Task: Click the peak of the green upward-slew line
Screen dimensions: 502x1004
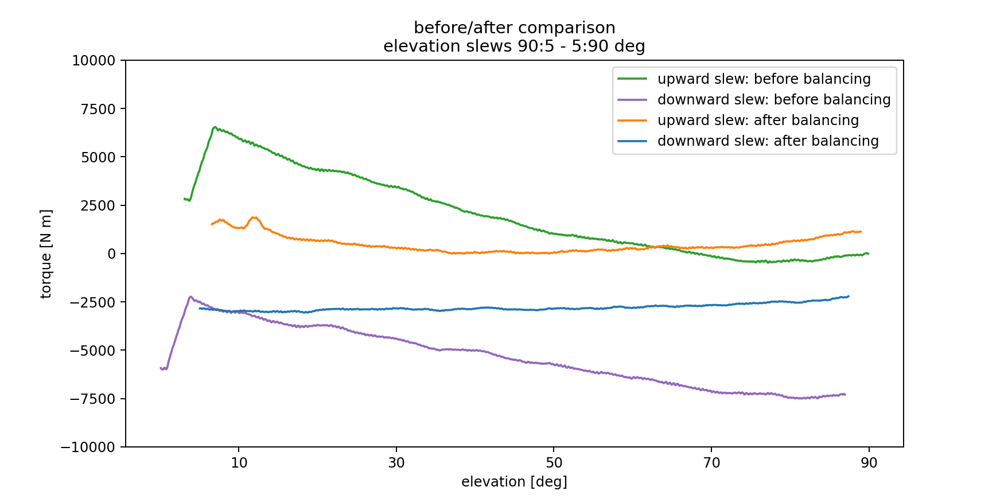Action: click(215, 127)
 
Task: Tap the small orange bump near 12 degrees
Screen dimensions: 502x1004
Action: click(254, 217)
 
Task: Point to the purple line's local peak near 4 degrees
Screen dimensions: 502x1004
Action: click(190, 297)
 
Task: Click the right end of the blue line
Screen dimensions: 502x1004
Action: click(848, 296)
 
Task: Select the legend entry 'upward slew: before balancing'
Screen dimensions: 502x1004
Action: click(764, 79)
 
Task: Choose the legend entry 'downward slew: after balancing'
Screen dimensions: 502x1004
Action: click(768, 141)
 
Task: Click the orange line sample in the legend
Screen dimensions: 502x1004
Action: click(632, 120)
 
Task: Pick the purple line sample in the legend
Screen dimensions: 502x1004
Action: click(632, 100)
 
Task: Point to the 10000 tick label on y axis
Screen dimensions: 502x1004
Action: click(94, 61)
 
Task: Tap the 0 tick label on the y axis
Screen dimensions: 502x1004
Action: click(111, 254)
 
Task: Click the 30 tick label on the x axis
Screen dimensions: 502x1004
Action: click(396, 463)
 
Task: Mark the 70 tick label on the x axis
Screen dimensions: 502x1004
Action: click(711, 463)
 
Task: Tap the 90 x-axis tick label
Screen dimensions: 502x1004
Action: click(869, 463)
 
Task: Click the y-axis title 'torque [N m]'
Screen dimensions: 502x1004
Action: click(46, 254)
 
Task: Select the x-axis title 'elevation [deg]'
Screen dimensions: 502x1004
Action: click(514, 482)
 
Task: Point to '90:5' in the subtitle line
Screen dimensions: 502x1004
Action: click(536, 46)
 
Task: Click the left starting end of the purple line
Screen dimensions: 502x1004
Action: click(161, 368)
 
